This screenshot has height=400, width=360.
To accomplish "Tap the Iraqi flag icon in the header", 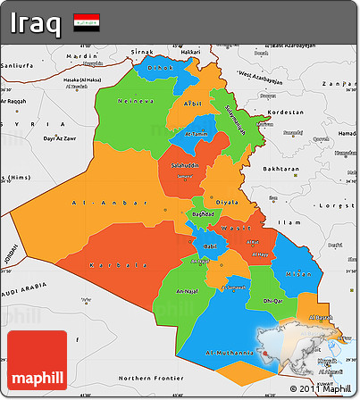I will tap(87, 21).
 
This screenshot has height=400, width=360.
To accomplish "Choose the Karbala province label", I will tap(119, 265).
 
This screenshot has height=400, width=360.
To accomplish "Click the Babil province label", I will tap(211, 246).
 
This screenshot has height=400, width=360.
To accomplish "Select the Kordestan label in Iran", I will tap(286, 112).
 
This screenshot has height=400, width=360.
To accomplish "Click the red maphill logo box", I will tap(36, 362).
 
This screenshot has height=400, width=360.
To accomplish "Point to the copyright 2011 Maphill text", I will tap(323, 389).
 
